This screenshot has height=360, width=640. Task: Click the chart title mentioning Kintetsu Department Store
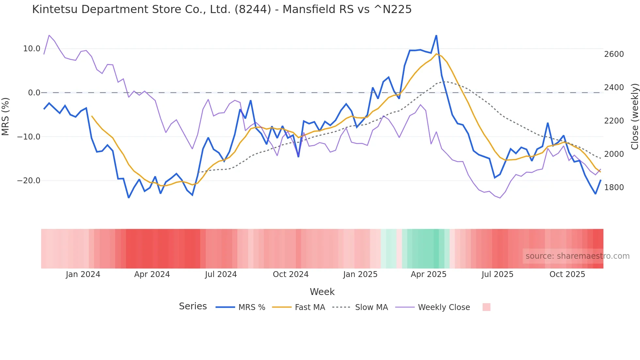click(222, 9)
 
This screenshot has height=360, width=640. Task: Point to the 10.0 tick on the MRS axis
click(32, 49)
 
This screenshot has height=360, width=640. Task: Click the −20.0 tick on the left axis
click(29, 181)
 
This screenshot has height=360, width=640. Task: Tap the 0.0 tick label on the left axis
click(34, 93)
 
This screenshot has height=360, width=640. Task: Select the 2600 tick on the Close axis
click(614, 54)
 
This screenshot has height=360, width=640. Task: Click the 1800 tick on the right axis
click(614, 188)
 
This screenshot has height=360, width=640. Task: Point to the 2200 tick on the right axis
click(614, 121)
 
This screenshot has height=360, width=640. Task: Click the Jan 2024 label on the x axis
click(83, 274)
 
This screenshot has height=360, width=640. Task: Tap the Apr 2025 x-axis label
click(428, 274)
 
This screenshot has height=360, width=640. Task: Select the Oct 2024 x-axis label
click(291, 274)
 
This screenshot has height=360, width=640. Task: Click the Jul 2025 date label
click(497, 274)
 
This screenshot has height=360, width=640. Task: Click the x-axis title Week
click(322, 292)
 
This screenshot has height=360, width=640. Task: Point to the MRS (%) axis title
click(6, 116)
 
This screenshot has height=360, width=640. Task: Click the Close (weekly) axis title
click(634, 116)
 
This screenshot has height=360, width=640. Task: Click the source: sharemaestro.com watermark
click(577, 256)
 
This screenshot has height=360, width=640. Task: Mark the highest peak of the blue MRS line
click(436, 35)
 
